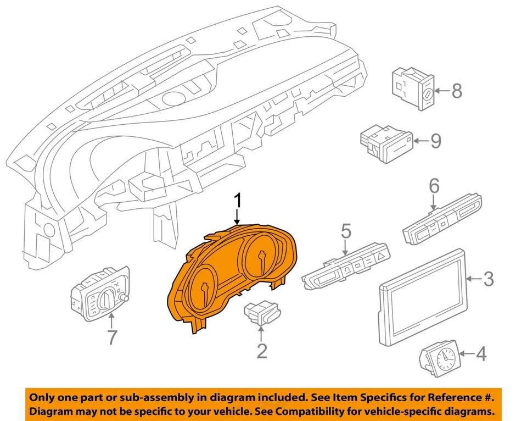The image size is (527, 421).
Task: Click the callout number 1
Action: click(238, 201)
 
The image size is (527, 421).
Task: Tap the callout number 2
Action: click(262, 350)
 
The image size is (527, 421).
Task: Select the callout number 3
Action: click(488, 279)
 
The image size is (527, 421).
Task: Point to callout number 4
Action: click(481, 354)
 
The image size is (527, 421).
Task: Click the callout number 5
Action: click(345, 231)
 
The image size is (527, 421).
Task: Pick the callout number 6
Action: click(434, 187)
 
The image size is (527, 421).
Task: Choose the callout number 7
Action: click(112, 337)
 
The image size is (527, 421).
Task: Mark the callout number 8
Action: click(457, 91)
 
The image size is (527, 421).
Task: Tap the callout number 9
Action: click(435, 141)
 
